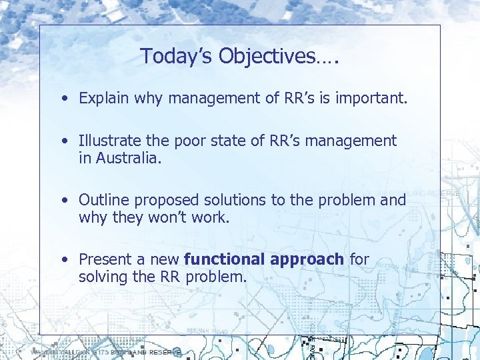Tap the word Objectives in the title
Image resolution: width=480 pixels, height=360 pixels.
pos(257,57)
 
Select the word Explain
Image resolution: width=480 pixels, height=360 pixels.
pos(104,99)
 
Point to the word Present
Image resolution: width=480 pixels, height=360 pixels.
pos(105,259)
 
